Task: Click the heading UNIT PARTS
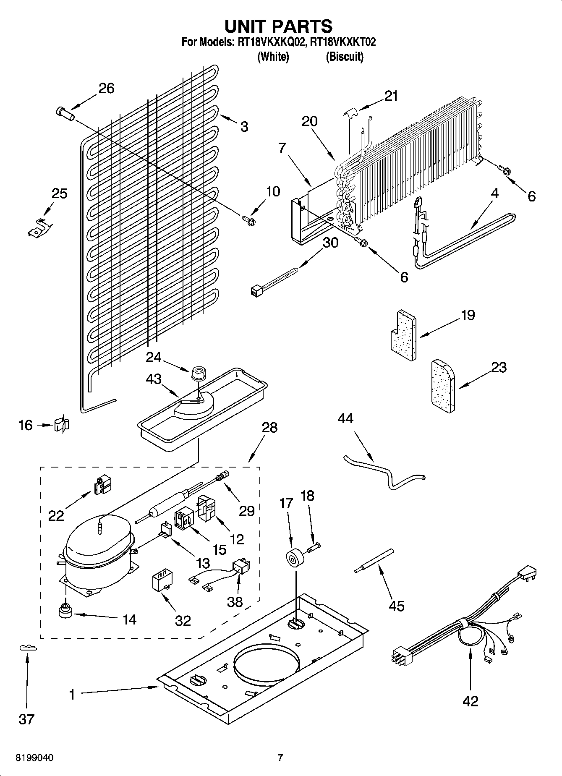tap(279, 26)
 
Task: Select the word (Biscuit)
tap(345, 57)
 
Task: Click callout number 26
tap(106, 89)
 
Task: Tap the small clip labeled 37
tap(28, 648)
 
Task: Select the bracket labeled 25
tap(39, 227)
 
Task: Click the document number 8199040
tap(34, 758)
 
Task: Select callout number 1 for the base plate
tap(72, 695)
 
